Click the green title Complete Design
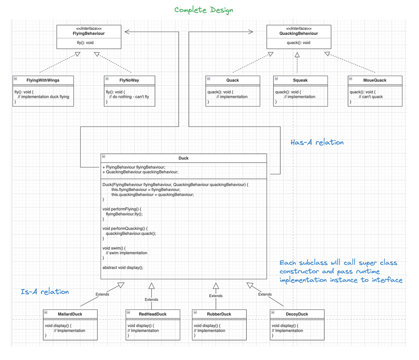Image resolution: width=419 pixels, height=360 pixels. click(204, 10)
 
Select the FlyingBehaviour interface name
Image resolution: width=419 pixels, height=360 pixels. click(89, 34)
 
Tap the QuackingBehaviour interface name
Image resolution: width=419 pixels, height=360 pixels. click(299, 34)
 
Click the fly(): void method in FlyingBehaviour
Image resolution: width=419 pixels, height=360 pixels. click(85, 43)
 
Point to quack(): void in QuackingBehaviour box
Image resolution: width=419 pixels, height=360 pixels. click(299, 43)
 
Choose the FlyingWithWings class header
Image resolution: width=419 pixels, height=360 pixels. click(43, 80)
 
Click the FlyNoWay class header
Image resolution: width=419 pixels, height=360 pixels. click(129, 80)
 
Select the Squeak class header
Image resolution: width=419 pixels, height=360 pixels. click(300, 80)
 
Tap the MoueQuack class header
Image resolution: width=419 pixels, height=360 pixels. click(375, 80)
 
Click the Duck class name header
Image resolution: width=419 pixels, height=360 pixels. click(183, 158)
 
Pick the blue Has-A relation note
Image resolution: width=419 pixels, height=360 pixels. click(317, 142)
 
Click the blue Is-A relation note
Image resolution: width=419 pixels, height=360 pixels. click(45, 292)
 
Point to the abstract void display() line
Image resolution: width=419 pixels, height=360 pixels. click(123, 268)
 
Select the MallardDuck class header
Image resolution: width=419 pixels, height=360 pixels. click(70, 314)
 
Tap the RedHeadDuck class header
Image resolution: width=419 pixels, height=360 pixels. click(153, 314)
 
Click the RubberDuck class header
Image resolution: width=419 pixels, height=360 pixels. click(219, 314)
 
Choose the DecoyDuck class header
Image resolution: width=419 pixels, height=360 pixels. click(297, 314)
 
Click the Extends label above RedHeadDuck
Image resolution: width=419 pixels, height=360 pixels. click(151, 300)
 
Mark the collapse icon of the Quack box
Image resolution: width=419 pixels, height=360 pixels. click(208, 79)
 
